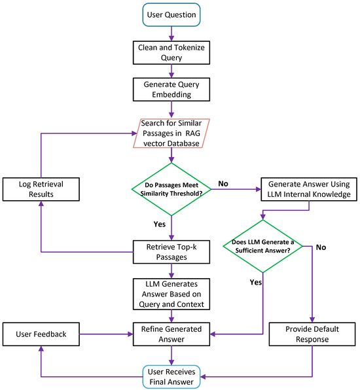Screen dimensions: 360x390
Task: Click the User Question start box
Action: coord(171,14)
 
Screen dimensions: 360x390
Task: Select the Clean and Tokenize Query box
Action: coord(171,53)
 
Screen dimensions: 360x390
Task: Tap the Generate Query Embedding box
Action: coord(171,90)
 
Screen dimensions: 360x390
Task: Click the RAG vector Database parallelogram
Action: coord(171,133)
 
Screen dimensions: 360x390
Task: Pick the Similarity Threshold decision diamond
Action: coord(171,189)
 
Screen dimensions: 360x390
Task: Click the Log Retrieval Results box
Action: coord(41,189)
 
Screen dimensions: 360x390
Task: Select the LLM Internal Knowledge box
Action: coord(309,189)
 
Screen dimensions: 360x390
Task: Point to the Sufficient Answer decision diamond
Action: coord(262,246)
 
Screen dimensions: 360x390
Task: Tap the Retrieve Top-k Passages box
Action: coord(171,252)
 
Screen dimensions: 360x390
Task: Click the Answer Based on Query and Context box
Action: coord(171,294)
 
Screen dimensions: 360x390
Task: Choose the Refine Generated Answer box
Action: coord(171,334)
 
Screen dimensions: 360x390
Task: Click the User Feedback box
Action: coord(41,334)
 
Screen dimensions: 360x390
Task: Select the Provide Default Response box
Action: coord(312,334)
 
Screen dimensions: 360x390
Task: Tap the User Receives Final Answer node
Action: coord(171,377)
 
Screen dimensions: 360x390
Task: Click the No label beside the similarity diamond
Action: coord(223,184)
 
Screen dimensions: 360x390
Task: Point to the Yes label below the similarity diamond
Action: coord(160,224)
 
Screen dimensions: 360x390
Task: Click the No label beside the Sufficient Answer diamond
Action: coord(321,247)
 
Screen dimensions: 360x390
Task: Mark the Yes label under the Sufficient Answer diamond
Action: coord(256,282)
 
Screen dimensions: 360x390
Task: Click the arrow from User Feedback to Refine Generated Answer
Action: coord(106,334)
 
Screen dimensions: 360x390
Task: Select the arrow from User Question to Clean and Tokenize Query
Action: coord(171,33)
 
